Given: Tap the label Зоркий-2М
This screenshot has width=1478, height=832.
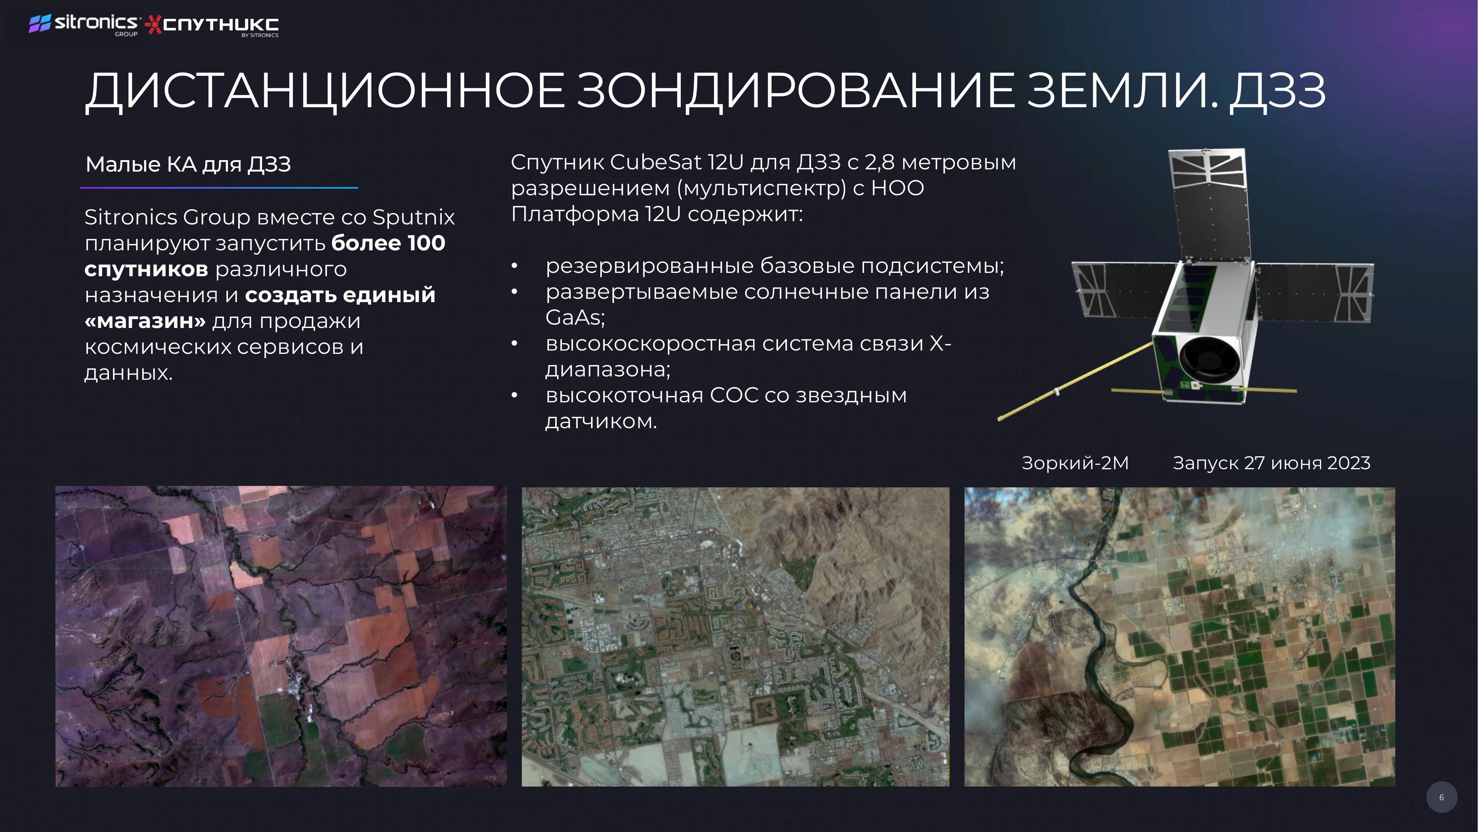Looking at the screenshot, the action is coord(1075,463).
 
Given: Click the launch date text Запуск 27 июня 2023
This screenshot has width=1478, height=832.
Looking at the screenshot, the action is coord(1272,463).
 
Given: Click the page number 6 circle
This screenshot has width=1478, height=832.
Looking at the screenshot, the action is coord(1441,797).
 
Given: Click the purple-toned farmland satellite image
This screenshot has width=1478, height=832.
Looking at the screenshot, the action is coord(281,636).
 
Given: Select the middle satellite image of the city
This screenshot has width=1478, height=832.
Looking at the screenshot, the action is coord(735,637).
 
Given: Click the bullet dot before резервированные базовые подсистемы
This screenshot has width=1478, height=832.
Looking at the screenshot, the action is coord(515,266).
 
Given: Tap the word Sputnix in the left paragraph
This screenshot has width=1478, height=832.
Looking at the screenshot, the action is coord(414,217).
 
